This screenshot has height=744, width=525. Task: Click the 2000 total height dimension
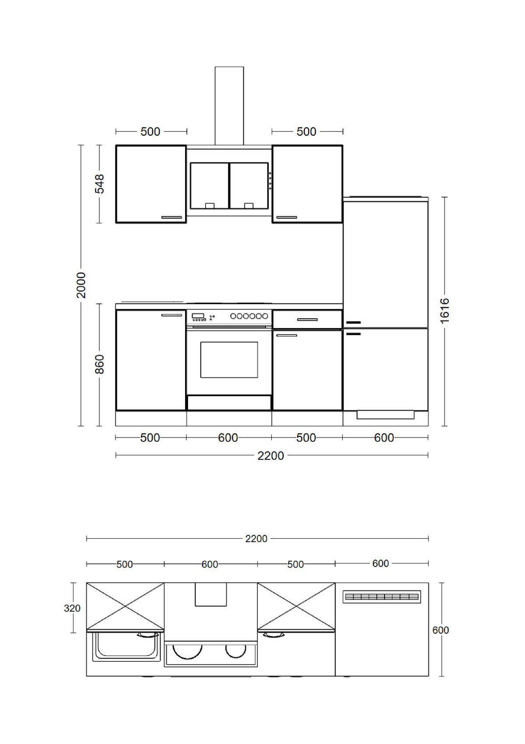pos(81,285)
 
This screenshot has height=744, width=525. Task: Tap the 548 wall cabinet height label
pos(100,184)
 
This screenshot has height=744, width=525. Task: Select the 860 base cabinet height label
pos(100,364)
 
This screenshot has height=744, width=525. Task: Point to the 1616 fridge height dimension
pos(444,310)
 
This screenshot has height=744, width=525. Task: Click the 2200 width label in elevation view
pos(270,456)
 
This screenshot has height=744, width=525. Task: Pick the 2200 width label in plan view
pos(256,539)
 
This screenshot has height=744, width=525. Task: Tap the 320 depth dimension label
pos(72,608)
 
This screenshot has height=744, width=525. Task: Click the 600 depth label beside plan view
pos(441,630)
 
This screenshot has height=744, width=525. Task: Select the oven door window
pos(229,360)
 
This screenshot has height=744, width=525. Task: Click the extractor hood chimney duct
pos(229,106)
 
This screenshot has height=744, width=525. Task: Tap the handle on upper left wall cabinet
pos(171,217)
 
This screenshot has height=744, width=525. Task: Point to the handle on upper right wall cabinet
pos(286,217)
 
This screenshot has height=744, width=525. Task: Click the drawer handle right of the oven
pos(307,320)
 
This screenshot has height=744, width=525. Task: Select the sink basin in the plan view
pos(126,646)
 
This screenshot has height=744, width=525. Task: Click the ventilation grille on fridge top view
pos(382,597)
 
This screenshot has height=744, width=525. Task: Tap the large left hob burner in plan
pos(188,650)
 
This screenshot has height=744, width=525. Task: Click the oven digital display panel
pos(198,316)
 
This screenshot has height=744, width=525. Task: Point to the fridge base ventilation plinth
pos(385,415)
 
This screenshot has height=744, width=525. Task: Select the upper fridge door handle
pos(353,323)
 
